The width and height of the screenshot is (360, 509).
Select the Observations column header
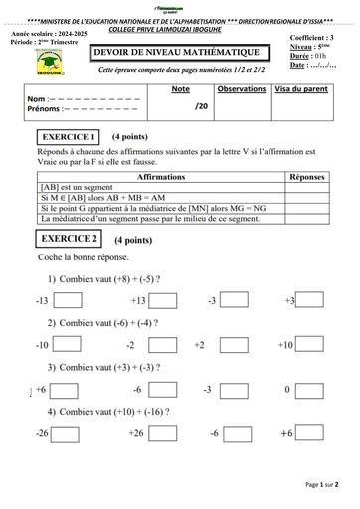tap(241, 89)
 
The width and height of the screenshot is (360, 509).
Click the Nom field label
tap(38, 100)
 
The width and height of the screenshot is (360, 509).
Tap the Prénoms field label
tap(45, 110)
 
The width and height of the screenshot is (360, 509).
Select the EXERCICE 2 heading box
tap(70, 239)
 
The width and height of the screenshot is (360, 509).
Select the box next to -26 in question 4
tap(68, 434)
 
